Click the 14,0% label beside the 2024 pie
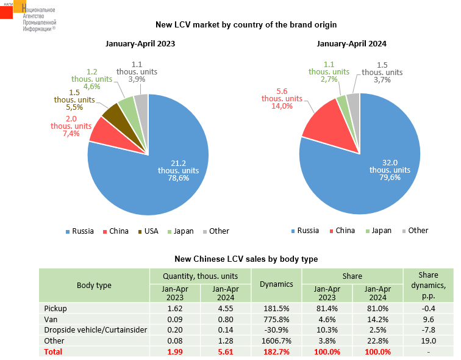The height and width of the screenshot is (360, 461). click(x=278, y=106)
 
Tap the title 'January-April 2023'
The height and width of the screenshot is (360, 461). click(x=141, y=44)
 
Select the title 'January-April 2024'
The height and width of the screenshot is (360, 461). click(x=352, y=44)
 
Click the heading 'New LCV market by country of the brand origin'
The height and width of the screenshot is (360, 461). click(x=246, y=25)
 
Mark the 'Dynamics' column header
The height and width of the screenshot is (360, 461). click(x=276, y=284)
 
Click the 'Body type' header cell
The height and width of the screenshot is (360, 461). click(x=94, y=285)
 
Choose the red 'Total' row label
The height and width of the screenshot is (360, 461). click(x=54, y=352)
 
